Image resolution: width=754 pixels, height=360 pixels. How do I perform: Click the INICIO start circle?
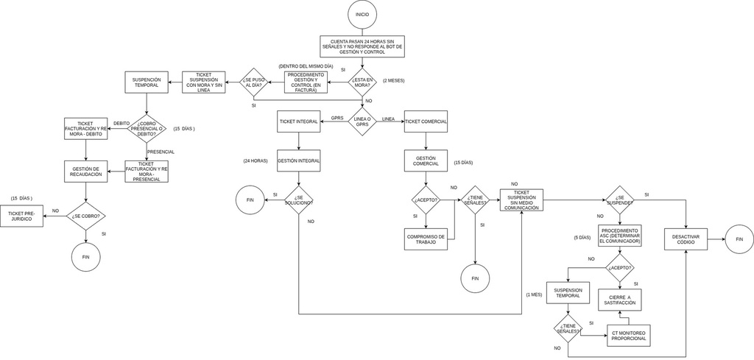coord(362,14)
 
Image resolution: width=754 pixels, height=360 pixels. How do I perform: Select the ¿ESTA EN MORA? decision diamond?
coord(362,82)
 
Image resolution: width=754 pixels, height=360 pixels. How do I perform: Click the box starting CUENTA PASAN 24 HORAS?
coord(362,46)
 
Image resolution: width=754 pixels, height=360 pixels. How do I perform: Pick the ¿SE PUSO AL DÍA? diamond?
coord(254,82)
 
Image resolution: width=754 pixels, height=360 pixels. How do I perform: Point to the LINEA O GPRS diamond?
coord(362,121)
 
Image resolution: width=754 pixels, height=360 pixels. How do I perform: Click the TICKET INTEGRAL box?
coord(298,121)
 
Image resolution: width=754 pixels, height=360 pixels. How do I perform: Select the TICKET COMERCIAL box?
coord(426,121)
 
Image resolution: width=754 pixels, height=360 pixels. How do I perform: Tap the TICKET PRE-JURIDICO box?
coord(21,216)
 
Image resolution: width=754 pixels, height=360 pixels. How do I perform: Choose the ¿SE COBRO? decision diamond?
coord(86,216)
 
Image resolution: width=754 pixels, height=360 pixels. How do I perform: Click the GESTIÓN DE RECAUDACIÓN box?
coord(85,172)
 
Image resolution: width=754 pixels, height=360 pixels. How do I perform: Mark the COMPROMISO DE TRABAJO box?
coord(426,239)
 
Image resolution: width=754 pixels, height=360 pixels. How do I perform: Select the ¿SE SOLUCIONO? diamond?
coord(298,200)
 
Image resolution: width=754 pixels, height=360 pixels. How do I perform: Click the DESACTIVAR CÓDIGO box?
coord(686,239)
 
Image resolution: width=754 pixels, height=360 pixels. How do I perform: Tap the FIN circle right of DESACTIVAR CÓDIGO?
coord(739,239)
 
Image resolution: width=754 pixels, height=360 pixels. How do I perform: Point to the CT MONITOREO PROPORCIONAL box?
coord(628,335)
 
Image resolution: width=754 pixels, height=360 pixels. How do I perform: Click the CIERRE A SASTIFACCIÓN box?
coord(619,300)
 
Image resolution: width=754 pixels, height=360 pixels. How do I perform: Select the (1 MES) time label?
coord(534,294)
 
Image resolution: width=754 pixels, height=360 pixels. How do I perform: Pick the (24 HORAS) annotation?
coord(255,160)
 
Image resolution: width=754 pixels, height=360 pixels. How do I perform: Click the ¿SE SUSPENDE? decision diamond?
coord(619,200)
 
